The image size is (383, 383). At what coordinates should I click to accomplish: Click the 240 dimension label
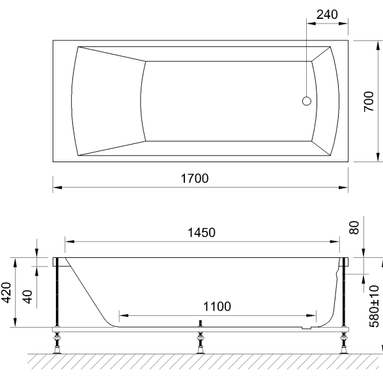327,14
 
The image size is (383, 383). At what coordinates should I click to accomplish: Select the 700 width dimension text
369,102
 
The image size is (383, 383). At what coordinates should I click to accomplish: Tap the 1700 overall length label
195,178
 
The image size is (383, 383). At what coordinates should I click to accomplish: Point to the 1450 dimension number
201,233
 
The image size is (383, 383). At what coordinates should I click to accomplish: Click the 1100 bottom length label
217,307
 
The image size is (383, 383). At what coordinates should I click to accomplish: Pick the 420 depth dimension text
6,292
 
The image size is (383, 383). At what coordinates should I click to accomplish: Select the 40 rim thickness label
27,297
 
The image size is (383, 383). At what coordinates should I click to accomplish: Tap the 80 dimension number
354,228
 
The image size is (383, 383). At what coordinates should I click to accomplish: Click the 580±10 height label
374,307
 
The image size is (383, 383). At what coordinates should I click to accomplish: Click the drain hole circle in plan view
307,101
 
